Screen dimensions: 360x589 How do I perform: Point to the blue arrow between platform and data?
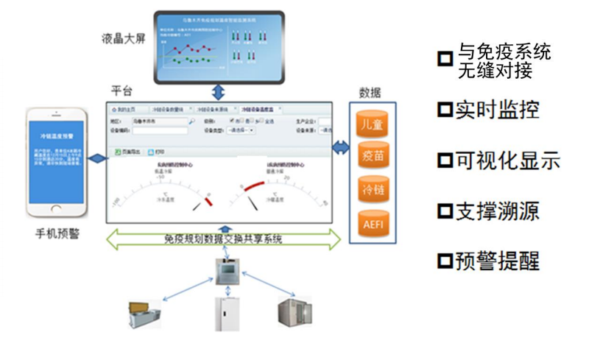tap(340, 149)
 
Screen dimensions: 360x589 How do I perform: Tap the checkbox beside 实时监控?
tap(444, 110)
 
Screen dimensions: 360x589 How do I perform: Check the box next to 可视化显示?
tap(444, 160)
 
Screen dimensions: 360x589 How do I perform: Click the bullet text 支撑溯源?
tap(498, 211)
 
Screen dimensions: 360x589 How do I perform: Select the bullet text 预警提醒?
tap(498, 261)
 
